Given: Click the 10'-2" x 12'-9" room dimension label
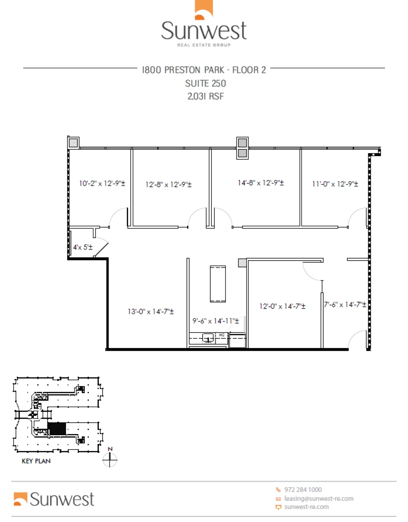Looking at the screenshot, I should tap(102, 184).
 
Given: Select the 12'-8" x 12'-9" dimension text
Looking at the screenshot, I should tap(168, 185).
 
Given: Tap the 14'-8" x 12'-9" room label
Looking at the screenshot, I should tap(261, 183).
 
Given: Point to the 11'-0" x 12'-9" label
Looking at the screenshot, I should tap(335, 184).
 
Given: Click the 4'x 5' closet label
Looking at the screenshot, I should tap(83, 247).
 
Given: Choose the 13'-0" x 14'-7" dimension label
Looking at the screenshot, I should tap(151, 311).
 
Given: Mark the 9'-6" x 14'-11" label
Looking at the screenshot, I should tap(216, 321).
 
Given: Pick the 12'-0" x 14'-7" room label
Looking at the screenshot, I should tap(282, 306).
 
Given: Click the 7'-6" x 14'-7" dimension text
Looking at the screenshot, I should tap(345, 304).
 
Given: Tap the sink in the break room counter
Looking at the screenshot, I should tap(208, 338).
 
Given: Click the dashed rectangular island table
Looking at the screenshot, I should tap(218, 284).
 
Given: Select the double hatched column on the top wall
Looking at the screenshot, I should tap(242, 148).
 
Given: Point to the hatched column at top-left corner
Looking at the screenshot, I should tap(73, 142).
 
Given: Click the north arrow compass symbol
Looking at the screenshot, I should tap(110, 460).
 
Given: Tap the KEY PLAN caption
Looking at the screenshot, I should tap(36, 461).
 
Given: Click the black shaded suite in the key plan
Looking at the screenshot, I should tap(56, 429).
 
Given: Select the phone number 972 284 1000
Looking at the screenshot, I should tap(303, 490).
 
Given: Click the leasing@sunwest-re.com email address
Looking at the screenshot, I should tap(319, 499).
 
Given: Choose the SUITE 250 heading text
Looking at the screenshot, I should tap(205, 83).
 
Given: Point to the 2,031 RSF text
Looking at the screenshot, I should tap(205, 96).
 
